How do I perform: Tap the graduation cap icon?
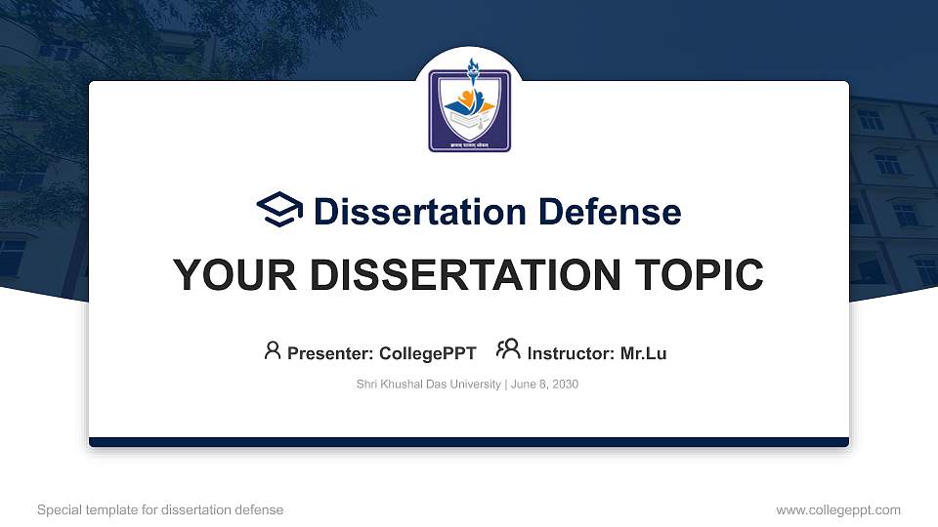click(279, 211)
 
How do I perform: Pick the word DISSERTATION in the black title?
click(445, 275)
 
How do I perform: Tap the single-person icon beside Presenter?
click(273, 349)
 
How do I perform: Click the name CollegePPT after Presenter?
click(427, 353)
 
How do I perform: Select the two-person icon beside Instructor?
click(508, 349)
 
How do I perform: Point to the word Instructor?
click(571, 353)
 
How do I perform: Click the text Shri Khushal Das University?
click(429, 385)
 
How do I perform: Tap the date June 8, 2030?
click(545, 385)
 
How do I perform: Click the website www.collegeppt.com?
click(838, 509)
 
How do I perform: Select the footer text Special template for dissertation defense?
click(160, 509)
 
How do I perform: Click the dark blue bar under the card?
click(469, 442)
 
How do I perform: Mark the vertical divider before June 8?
click(506, 385)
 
